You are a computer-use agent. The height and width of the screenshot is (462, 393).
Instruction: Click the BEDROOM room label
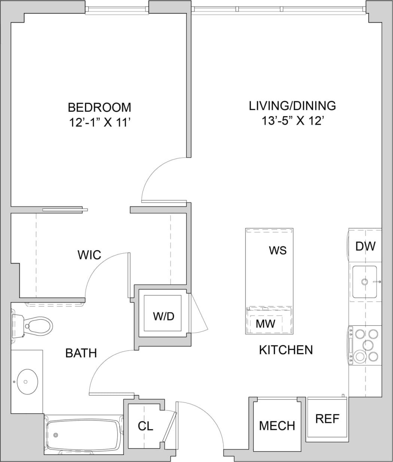(x=99, y=107)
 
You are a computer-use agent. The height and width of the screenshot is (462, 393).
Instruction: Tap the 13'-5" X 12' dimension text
(x=292, y=121)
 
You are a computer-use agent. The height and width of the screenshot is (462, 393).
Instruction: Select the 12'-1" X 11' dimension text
(x=99, y=123)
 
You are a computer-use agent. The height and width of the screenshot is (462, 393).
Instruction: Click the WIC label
(x=89, y=255)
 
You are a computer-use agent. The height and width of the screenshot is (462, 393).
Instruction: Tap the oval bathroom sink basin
(x=26, y=382)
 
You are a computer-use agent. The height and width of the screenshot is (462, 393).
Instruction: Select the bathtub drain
(x=56, y=435)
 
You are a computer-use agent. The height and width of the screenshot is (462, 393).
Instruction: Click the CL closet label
(x=145, y=426)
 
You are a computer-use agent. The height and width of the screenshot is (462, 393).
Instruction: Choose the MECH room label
(x=277, y=426)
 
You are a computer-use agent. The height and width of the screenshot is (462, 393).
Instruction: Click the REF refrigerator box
(x=327, y=419)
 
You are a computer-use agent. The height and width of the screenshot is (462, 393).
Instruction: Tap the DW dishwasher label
(x=365, y=246)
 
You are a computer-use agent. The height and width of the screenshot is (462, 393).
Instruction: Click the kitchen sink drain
(x=365, y=281)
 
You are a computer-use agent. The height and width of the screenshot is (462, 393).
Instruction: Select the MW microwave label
(x=265, y=324)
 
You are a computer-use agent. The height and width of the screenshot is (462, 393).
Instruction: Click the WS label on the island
(x=278, y=250)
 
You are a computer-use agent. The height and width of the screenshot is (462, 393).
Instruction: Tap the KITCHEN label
(x=286, y=350)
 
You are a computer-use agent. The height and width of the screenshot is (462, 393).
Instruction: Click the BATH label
(x=81, y=353)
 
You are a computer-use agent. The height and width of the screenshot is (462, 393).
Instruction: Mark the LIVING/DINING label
(x=292, y=105)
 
